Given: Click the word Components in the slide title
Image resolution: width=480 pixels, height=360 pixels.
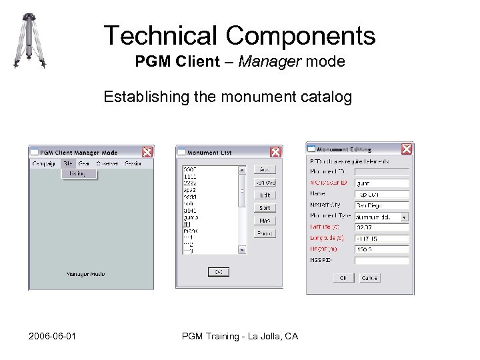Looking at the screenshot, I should pos(300,35).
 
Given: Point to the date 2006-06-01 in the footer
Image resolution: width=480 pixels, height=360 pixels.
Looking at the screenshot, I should pos(52,336).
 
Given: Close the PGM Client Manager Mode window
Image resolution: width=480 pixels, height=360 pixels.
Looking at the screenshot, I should pos(147,152).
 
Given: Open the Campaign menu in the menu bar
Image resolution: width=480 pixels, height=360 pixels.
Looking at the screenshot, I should pos(44,163).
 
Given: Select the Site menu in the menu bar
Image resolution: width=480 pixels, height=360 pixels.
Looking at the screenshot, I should pos(68,163).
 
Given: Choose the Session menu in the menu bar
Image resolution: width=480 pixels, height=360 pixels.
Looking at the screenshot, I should pos(133,163).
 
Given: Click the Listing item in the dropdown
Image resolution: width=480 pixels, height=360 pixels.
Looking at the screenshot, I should pos(77,173).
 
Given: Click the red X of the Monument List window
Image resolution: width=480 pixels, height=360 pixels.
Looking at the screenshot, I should pos(275,152).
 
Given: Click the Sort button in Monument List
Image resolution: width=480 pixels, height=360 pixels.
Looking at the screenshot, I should pos(265,208).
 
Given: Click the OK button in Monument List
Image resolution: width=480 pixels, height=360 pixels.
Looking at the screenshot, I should pos(218,271).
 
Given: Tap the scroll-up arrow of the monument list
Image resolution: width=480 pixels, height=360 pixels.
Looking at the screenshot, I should pos(242,169).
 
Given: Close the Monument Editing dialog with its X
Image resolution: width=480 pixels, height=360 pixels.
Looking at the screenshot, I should pos(406,149).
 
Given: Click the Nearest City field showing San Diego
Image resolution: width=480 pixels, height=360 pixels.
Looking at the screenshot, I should pos(381,205).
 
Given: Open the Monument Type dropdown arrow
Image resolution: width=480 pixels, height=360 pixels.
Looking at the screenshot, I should pos(404,217).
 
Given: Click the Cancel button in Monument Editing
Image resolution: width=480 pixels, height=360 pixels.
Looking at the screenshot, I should pos(369,278).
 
